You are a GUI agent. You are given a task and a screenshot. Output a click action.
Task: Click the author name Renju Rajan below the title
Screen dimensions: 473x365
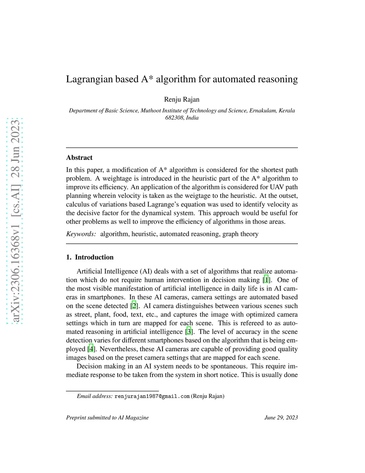pyautogui.click(x=182, y=99)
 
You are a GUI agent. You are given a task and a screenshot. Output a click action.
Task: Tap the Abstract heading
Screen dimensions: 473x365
pyautogui.click(x=79, y=157)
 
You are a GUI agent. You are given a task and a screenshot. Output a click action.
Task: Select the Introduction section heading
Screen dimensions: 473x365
pyautogui.click(x=94, y=257)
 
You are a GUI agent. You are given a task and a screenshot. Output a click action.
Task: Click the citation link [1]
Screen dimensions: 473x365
pyautogui.click(x=266, y=280)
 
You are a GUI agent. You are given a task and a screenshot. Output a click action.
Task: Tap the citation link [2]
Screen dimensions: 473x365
pyautogui.click(x=134, y=306)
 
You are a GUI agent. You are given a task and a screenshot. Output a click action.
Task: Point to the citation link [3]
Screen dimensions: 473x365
pyautogui.click(x=189, y=332)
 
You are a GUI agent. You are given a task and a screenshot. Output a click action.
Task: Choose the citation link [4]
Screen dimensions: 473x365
pyautogui.click(x=91, y=349)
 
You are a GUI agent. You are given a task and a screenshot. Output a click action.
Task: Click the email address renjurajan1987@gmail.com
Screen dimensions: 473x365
pyautogui.click(x=152, y=396)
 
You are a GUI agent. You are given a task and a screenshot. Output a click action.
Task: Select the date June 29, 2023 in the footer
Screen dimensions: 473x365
pyautogui.click(x=281, y=418)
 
